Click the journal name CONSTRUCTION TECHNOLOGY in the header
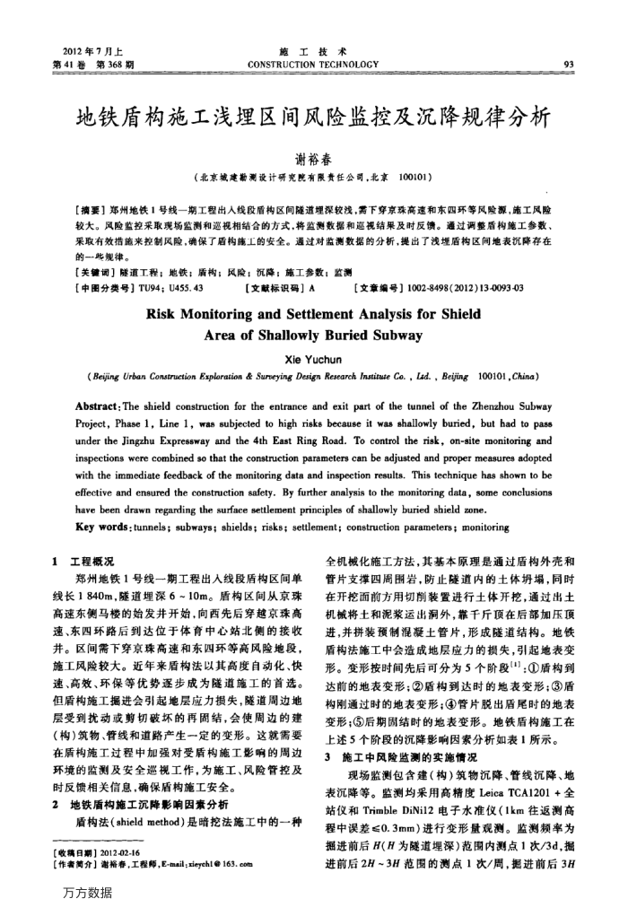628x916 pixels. tap(313, 65)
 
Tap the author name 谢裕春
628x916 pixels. tap(313, 157)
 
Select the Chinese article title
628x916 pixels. tap(313, 119)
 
